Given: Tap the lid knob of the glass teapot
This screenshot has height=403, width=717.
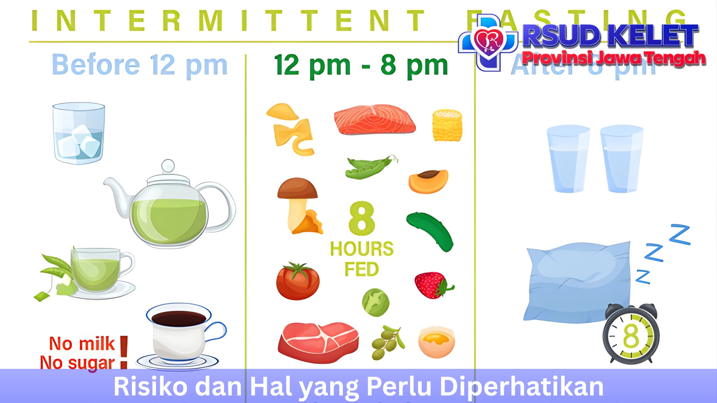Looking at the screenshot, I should (168, 166).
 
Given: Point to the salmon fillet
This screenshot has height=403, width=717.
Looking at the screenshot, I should (374, 120).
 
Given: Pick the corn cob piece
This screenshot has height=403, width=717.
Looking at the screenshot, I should (447, 125).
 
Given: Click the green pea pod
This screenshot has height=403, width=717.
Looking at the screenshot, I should (369, 167).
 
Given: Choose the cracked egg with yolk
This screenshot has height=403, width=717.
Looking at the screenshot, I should (436, 342).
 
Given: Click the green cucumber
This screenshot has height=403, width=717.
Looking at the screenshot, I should (430, 231).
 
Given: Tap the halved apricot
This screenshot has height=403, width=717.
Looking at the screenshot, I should (428, 181).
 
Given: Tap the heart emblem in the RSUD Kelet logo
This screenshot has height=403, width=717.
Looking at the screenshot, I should (488, 41).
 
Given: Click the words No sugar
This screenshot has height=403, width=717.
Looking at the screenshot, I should (77, 363).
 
